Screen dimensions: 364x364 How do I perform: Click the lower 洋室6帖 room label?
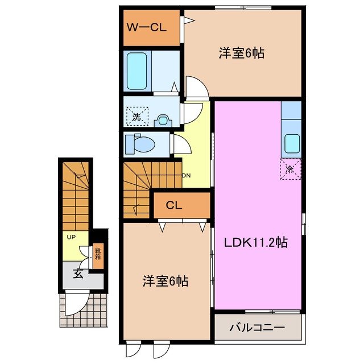[165, 280]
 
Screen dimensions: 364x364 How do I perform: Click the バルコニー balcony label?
[257, 328]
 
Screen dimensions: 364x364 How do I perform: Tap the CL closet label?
[174, 205]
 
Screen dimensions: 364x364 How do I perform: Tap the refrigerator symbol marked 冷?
[289, 169]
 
